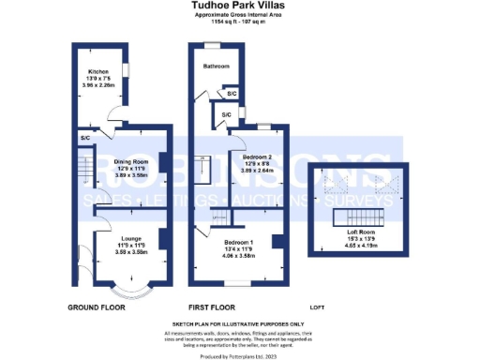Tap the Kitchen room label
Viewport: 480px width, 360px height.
[98, 71]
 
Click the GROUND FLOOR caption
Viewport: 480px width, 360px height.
[97, 307]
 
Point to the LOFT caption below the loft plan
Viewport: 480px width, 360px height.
[320, 307]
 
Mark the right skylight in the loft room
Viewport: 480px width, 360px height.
[385, 187]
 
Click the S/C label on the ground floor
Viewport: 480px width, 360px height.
[85, 138]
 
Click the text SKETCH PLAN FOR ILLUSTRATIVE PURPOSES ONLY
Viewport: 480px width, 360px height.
[240, 324]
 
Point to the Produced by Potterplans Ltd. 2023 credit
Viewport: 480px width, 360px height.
[240, 355]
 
